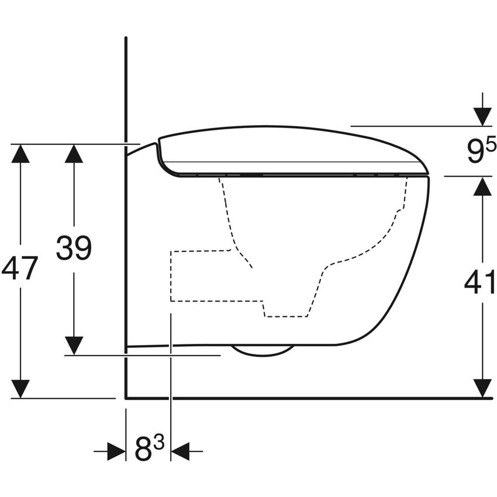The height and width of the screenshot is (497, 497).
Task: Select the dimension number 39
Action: [74, 248]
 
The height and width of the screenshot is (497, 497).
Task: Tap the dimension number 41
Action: [481, 283]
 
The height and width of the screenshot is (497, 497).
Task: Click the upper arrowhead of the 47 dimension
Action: [20, 154]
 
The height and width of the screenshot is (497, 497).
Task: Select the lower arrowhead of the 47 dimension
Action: [20, 388]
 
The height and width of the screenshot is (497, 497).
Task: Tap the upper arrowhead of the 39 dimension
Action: [74, 154]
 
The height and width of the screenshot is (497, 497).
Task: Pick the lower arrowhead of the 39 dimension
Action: [74, 345]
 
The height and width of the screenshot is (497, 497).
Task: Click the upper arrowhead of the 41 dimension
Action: [482, 187]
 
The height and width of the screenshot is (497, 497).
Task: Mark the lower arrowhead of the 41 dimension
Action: [482, 388]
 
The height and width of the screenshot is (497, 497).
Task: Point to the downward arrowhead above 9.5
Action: [482, 116]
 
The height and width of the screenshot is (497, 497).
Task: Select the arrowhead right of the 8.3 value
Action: [180, 451]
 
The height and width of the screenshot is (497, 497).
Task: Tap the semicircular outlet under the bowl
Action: [263, 350]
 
